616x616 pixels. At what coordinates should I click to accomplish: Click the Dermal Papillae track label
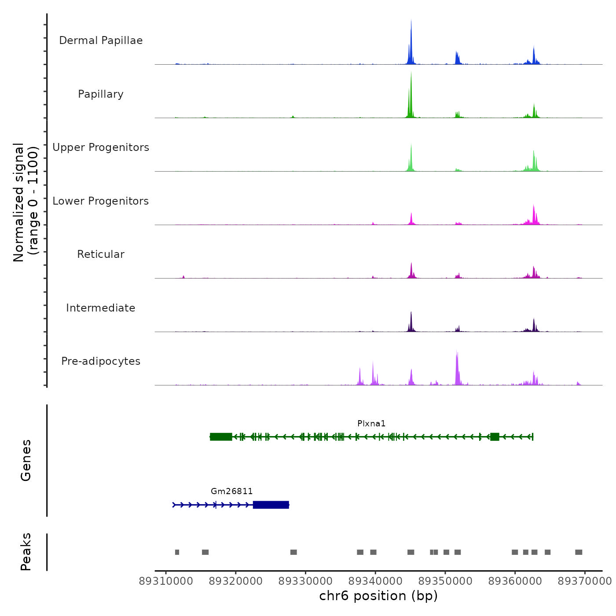(x=101, y=40)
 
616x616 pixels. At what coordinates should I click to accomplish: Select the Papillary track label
(x=101, y=94)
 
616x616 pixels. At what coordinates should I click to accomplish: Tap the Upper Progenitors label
(x=101, y=147)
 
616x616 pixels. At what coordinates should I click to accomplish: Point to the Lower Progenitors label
(x=101, y=201)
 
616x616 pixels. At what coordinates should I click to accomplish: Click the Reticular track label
(x=101, y=254)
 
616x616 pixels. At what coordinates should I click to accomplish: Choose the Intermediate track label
(x=101, y=308)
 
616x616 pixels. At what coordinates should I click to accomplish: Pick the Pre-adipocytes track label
(x=101, y=361)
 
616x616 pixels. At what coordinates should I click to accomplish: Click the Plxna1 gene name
(x=371, y=424)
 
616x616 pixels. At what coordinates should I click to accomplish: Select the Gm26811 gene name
(x=232, y=491)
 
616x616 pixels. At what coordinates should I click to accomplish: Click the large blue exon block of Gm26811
(x=271, y=505)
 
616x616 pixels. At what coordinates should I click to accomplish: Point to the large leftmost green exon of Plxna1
(x=221, y=436)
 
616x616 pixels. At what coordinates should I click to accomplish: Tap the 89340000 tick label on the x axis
(x=375, y=581)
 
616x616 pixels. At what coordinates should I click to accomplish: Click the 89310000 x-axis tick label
(x=166, y=581)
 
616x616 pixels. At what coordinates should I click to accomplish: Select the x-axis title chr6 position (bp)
(x=378, y=596)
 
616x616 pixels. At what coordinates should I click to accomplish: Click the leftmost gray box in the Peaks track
(x=177, y=552)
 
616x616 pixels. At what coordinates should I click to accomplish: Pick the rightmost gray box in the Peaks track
(x=579, y=552)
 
